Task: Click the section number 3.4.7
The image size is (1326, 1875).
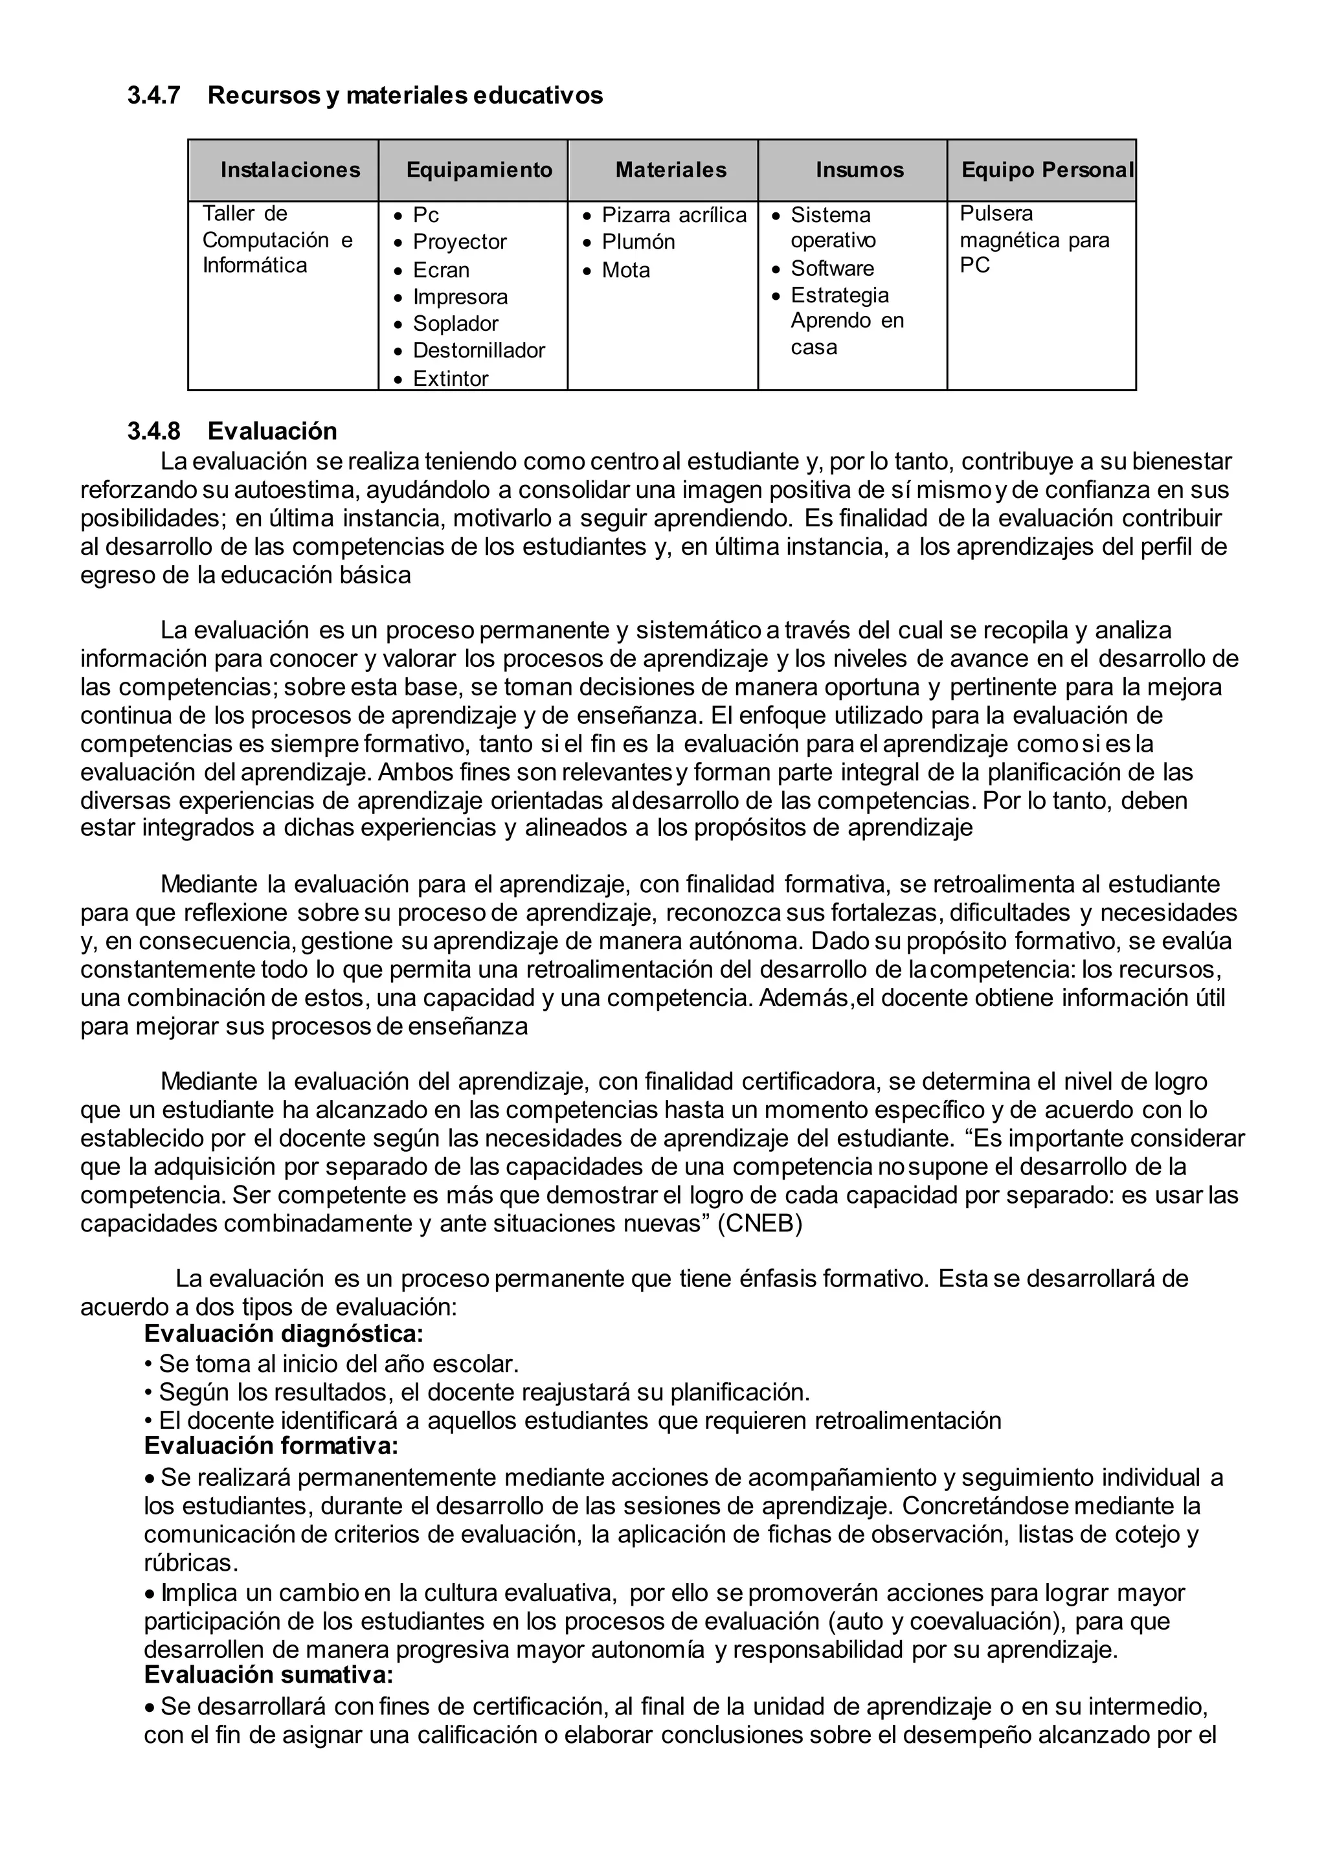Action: click(153, 96)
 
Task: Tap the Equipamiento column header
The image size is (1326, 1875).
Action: click(479, 170)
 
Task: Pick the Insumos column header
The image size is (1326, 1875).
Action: click(860, 170)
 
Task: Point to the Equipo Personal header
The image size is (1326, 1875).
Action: click(1048, 170)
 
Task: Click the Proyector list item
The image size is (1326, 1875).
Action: click(459, 243)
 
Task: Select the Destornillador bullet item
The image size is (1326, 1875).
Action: click(478, 351)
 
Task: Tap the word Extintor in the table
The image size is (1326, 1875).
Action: click(450, 379)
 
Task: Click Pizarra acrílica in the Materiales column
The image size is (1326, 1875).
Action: click(673, 216)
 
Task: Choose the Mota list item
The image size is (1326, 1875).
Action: click(625, 270)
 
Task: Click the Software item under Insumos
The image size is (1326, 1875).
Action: click(832, 269)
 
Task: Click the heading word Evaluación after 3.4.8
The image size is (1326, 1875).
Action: click(272, 431)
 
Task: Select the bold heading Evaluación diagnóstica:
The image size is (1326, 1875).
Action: click(284, 1334)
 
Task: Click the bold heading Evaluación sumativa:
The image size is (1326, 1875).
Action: click(269, 1675)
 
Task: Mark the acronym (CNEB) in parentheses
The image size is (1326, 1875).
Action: click(759, 1224)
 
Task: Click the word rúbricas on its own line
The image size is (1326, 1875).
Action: click(190, 1563)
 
